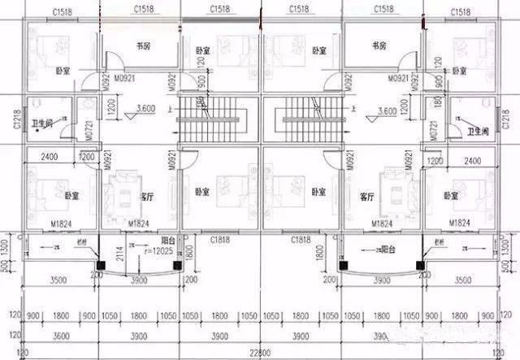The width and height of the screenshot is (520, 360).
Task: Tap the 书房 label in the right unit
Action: [x=377, y=47]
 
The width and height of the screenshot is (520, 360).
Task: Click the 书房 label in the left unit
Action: [x=144, y=47]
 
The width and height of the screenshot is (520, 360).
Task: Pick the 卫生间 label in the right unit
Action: [x=475, y=128]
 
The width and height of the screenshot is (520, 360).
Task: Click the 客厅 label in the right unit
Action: [x=366, y=197]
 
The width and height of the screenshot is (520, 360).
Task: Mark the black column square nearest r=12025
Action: [x=100, y=264]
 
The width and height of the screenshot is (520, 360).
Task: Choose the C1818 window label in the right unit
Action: [x=302, y=241]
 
